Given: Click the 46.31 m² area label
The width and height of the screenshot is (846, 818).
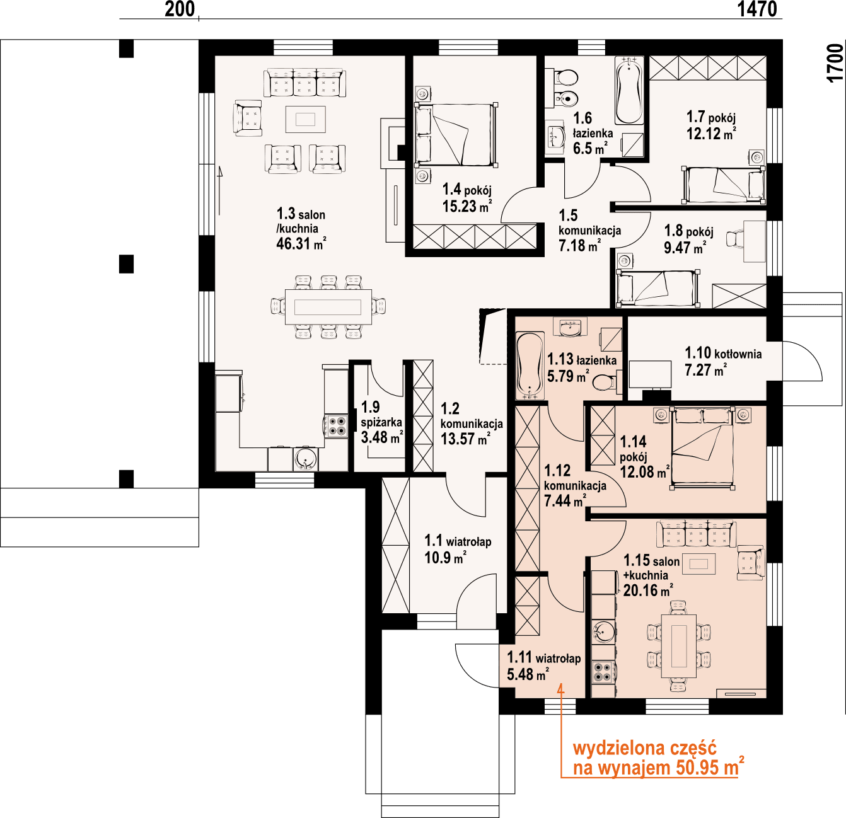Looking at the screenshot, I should [301, 244].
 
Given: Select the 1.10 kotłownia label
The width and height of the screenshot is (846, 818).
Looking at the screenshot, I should [723, 354].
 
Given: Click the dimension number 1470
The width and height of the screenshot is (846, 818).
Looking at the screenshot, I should [756, 9].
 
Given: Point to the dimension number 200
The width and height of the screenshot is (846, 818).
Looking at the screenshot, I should [180, 9].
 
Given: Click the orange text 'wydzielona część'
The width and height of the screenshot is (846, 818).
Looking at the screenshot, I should [644, 748].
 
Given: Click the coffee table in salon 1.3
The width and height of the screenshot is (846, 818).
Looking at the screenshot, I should [306, 119].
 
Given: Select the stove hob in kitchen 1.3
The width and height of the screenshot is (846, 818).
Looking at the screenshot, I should [336, 425].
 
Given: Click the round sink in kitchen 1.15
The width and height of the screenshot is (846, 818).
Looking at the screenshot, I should [605, 630].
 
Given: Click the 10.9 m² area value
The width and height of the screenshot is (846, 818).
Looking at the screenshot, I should [445, 558].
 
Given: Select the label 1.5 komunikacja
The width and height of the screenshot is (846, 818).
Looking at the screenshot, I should [589, 230].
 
